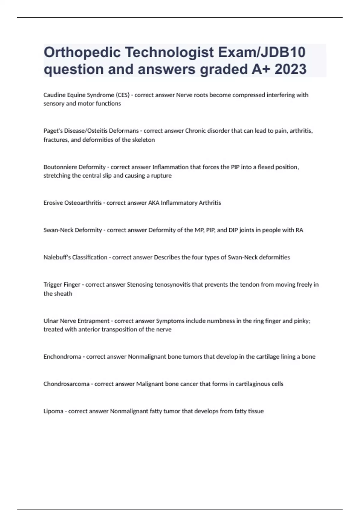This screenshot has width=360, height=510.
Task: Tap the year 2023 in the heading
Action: [x=290, y=69]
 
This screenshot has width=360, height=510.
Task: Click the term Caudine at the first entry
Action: [x=54, y=95]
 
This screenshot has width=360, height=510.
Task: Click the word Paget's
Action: [x=53, y=131]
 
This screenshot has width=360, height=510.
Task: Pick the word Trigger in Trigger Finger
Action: [x=53, y=284]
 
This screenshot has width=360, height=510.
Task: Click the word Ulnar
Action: [x=51, y=321]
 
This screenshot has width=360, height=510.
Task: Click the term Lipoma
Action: [x=53, y=411]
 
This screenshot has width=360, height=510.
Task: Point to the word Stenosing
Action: [x=140, y=284]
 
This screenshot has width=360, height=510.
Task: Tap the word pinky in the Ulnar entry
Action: [x=302, y=321]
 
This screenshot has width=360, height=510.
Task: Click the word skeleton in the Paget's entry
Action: [x=143, y=140]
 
